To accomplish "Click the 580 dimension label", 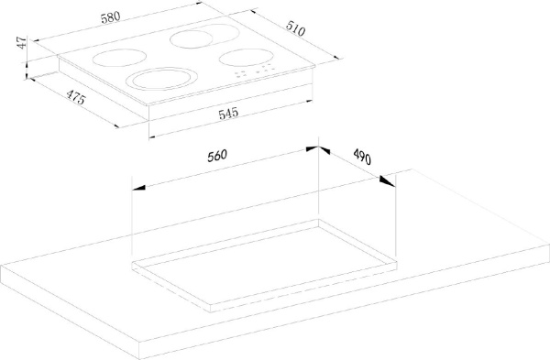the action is pos(111,17).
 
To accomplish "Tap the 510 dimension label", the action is pos(295,28).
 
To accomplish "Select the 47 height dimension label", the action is pos(22,42).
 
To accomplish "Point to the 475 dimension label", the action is pos(76,97).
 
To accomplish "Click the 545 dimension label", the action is pos(228,114).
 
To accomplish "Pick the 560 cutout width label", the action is pos(217,156).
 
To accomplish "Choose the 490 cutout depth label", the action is pos(362,157).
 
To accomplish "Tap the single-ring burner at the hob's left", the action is pos(119,58).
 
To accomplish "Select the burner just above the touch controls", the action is pos(246,57).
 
